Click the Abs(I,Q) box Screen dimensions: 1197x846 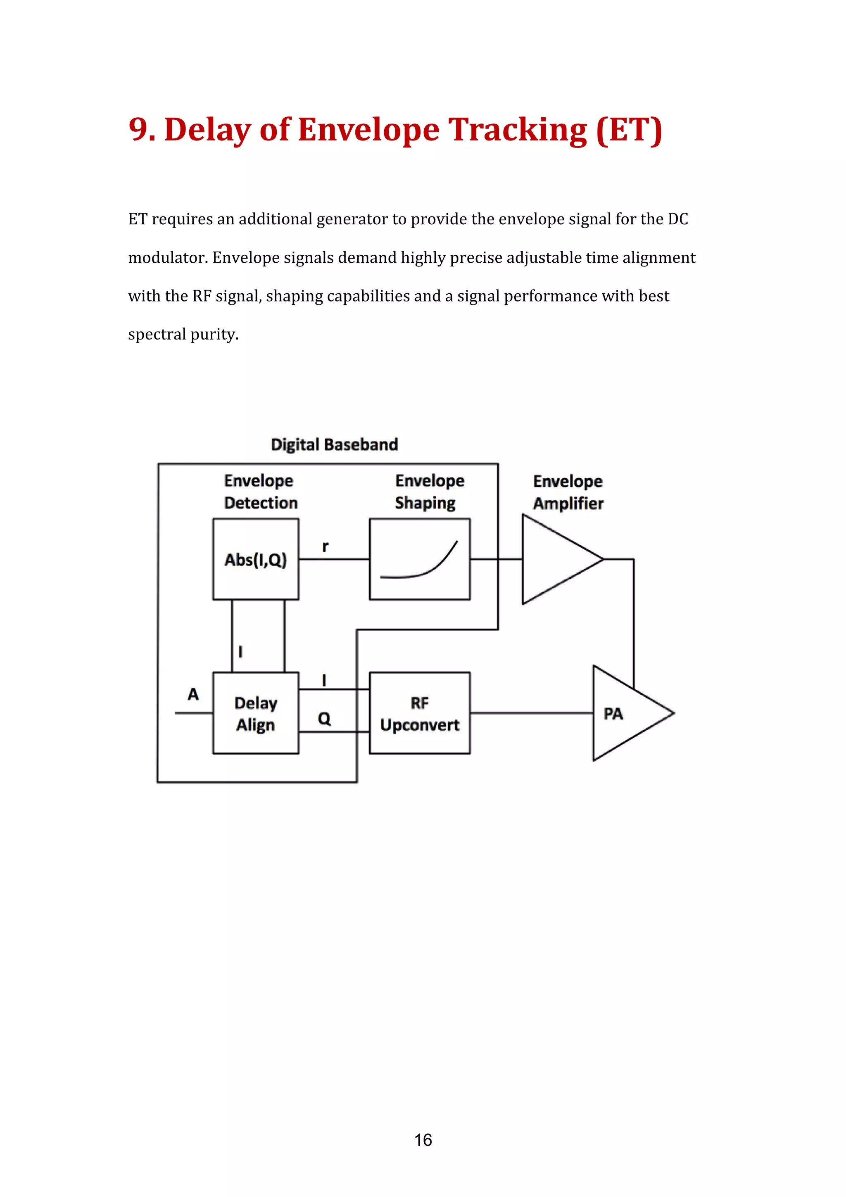pos(255,559)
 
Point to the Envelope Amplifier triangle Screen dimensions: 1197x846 pos(555,559)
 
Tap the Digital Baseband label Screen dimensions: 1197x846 pos(334,444)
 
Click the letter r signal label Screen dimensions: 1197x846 pos(325,546)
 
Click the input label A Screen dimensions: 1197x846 pos(193,694)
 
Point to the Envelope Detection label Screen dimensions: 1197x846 pos(260,491)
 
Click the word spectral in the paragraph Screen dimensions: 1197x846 pos(157,334)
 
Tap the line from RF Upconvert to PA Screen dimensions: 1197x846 pos(532,712)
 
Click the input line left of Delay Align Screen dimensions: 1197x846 pos(193,712)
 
